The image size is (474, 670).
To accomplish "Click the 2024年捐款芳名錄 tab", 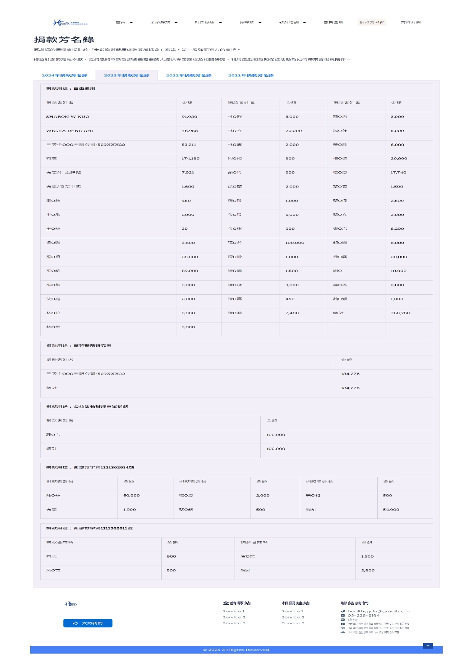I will click(x=65, y=76).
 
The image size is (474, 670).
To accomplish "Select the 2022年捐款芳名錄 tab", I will click(x=189, y=76).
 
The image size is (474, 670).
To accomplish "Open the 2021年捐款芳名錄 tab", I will click(x=251, y=76).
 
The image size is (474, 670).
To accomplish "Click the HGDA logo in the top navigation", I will click(x=70, y=23).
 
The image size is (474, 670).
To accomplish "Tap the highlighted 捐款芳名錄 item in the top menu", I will click(x=372, y=23).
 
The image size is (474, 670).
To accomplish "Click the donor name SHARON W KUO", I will click(x=68, y=117).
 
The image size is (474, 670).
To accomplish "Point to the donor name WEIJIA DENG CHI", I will click(x=70, y=131).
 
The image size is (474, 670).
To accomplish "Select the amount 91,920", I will click(x=189, y=117).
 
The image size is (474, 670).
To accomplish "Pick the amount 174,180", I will click(x=191, y=158).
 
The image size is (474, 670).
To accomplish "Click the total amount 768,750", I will click(x=400, y=313).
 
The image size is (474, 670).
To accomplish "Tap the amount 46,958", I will click(x=190, y=131).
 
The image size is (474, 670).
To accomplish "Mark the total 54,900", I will click(x=391, y=510).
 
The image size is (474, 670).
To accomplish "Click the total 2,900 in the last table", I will click(x=368, y=570).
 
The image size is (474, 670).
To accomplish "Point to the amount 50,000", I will click(x=131, y=496).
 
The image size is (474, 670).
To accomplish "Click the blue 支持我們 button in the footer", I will click(x=88, y=623).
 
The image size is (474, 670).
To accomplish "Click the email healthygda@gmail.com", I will click(x=378, y=611).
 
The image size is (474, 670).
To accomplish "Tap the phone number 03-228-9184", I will click(x=363, y=615).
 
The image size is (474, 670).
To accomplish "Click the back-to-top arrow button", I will click(x=428, y=646).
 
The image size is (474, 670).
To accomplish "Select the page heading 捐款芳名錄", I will click(x=64, y=40).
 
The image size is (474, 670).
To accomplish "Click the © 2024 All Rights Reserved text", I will click(x=236, y=650).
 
